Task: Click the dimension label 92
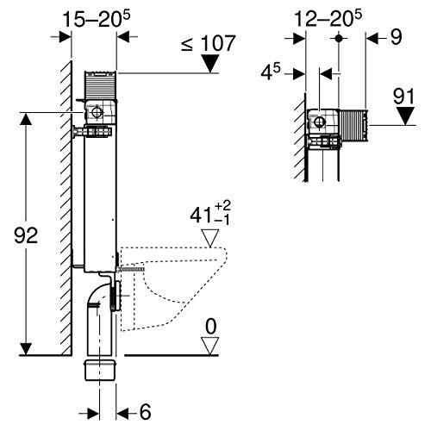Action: pos(26,235)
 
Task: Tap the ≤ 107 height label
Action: pos(209,43)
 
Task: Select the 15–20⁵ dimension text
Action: pos(97,19)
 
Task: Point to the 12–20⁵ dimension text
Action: pos(328,19)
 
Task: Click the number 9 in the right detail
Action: pos(396,37)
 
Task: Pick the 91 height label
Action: pos(403,97)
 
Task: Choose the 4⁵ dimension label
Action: pos(271,72)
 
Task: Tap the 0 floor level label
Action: pos(211,327)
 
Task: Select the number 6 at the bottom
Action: pos(145,412)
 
